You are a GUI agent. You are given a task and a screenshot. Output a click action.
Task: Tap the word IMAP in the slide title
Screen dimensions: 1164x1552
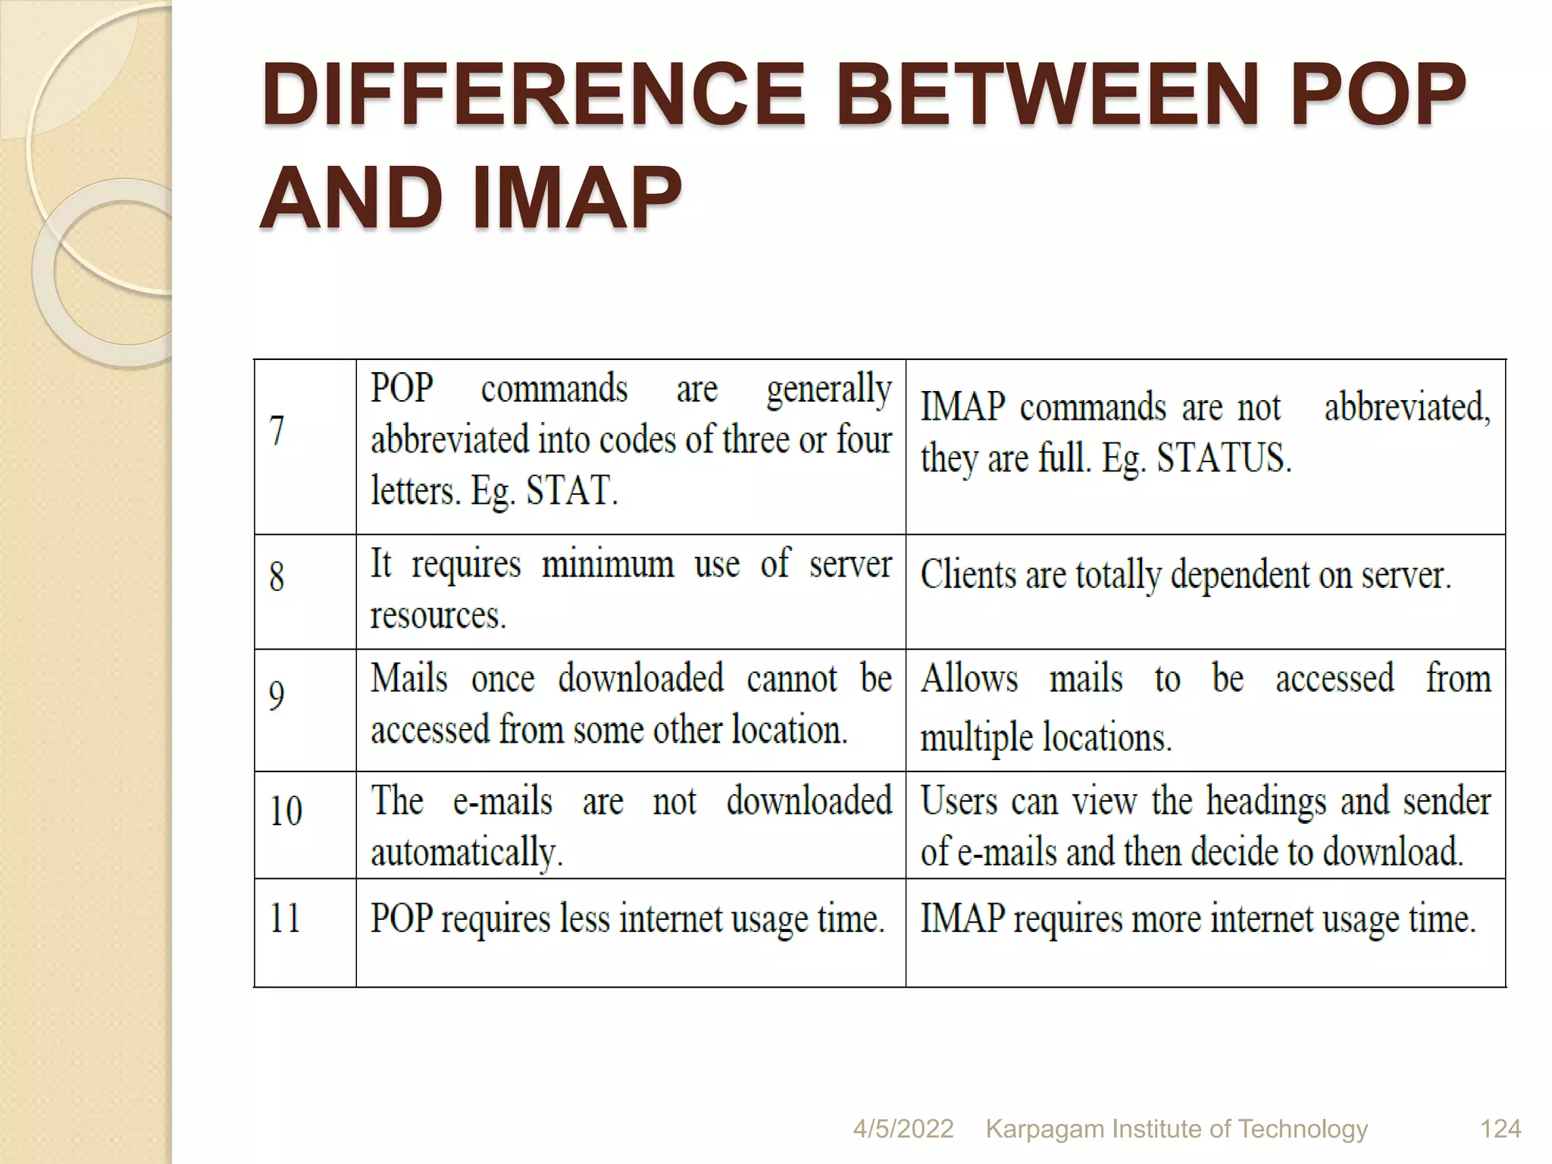(x=577, y=199)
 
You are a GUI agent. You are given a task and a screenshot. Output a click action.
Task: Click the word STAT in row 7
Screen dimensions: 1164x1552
(x=568, y=490)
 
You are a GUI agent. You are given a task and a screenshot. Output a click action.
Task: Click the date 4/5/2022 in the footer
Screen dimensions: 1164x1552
(x=903, y=1129)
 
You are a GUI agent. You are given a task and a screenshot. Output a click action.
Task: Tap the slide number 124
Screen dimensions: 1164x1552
(x=1500, y=1129)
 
